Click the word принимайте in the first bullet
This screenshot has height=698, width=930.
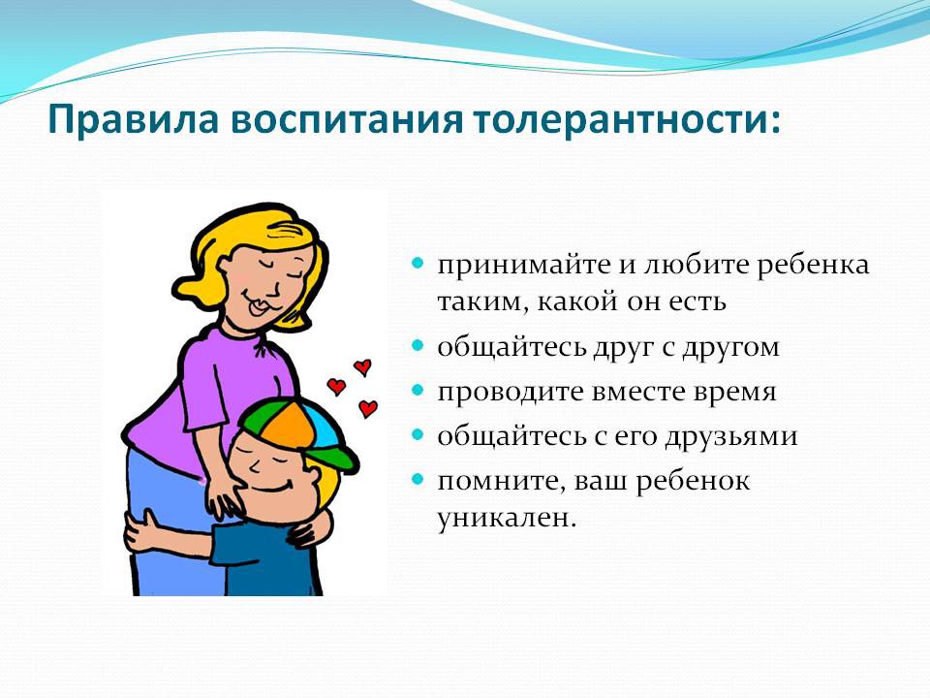click(524, 265)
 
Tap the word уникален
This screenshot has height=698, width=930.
click(507, 518)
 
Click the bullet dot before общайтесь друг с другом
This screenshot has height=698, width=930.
click(418, 345)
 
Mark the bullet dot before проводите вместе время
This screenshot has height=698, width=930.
click(418, 390)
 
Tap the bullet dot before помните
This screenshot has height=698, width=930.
click(418, 478)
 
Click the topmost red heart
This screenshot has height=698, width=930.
click(362, 367)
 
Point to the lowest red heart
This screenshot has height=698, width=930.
click(368, 408)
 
